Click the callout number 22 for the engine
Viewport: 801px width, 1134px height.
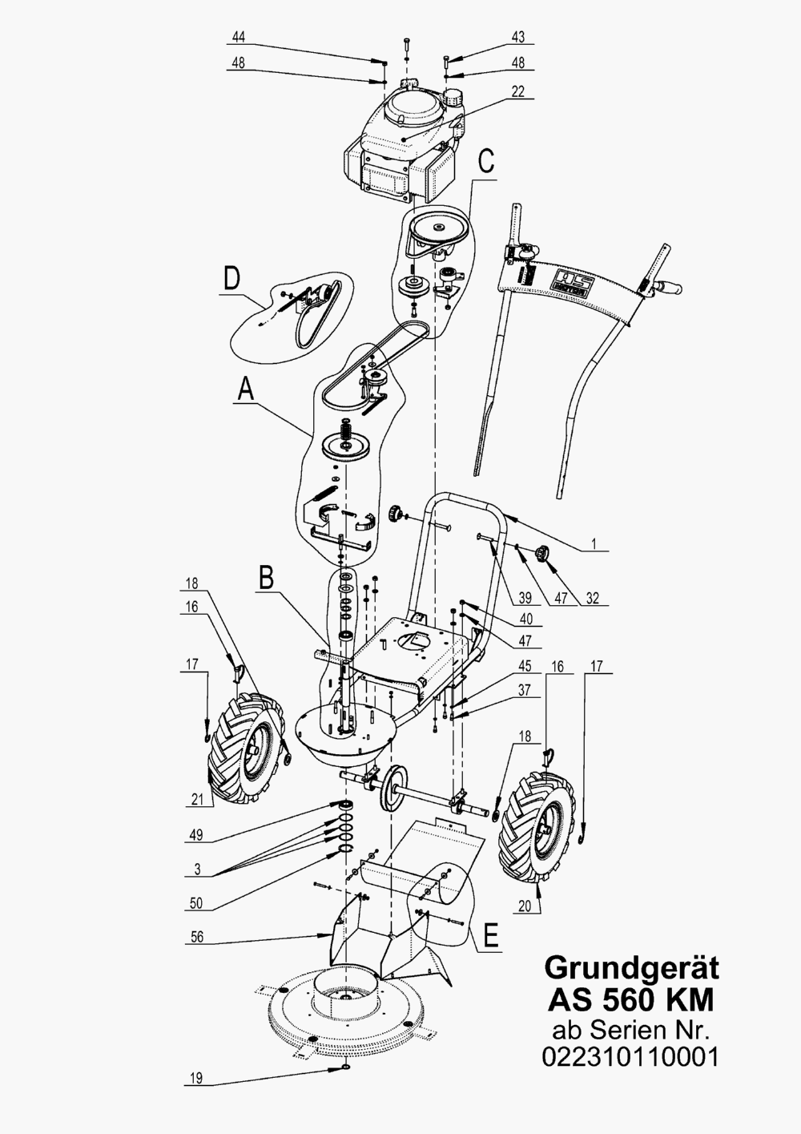(518, 91)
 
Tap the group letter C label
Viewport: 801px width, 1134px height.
(486, 162)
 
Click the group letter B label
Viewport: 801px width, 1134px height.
(267, 577)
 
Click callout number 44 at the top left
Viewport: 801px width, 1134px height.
(239, 37)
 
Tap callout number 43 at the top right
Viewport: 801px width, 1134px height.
(518, 37)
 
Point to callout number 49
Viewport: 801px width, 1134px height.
(196, 835)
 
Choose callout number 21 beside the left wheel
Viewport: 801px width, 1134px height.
(197, 799)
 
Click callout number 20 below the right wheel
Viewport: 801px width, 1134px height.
(525, 905)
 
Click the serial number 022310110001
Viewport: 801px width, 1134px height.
(630, 1058)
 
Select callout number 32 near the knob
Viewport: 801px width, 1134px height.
(593, 598)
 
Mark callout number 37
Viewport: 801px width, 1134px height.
(525, 690)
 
